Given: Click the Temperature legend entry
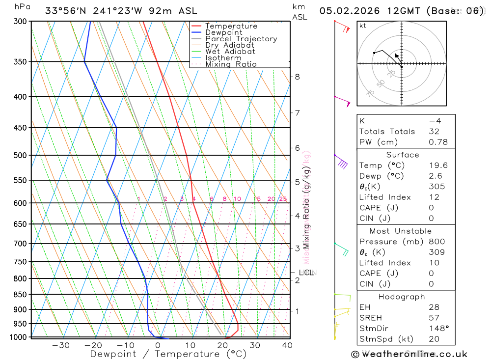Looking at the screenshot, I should (231, 26).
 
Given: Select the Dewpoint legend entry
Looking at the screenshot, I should (223, 32).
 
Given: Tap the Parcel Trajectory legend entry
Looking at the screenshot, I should (241, 39).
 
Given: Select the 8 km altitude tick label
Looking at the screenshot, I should (297, 77).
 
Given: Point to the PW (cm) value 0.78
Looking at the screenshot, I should (438, 142).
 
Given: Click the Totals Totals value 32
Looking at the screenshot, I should (434, 131).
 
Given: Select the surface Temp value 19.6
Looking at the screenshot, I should (438, 166).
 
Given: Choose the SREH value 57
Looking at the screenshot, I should (434, 318).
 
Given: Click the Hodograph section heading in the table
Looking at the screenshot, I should (402, 297).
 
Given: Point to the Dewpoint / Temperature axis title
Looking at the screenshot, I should (168, 354).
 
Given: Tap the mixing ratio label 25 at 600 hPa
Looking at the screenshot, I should (283, 199).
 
